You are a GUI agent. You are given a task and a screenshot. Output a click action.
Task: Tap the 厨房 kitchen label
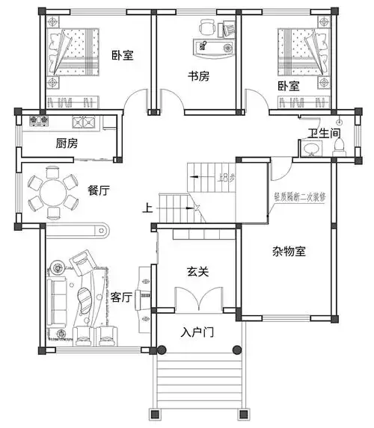(67, 143)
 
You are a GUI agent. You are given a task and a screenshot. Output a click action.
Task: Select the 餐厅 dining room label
(99, 190)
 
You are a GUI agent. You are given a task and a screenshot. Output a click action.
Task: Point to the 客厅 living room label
(122, 297)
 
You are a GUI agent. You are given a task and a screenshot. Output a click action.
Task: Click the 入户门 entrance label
(197, 331)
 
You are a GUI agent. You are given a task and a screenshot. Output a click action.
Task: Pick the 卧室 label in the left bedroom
(122, 54)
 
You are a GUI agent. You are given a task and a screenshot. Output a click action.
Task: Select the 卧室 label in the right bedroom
(288, 86)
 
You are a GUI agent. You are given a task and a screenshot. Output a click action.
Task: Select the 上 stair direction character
(150, 208)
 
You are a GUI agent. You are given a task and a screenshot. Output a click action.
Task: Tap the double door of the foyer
(197, 299)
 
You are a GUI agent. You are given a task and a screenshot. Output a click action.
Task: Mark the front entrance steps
(197, 381)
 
